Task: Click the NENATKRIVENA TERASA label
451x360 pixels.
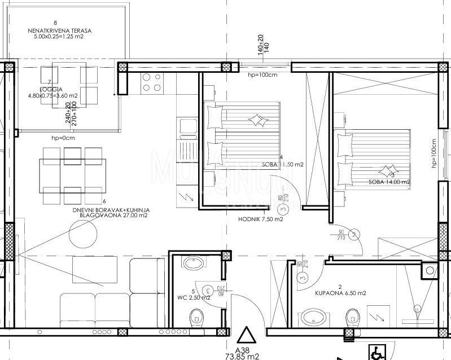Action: pyautogui.click(x=62, y=30)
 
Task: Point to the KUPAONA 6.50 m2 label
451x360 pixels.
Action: pyautogui.click(x=341, y=293)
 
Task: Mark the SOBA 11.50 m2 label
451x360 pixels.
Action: pyautogui.click(x=283, y=165)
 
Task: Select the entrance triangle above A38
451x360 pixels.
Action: pyautogui.click(x=246, y=337)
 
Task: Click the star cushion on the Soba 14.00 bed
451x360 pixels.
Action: pyautogui.click(x=387, y=170)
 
